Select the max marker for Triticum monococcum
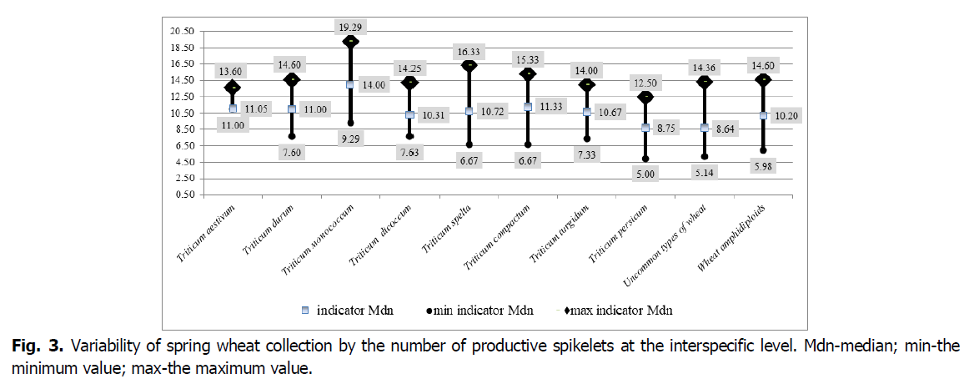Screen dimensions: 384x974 coord(351,41)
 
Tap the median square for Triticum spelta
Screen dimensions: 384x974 coord(469,111)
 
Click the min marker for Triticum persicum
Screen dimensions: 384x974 coord(645,159)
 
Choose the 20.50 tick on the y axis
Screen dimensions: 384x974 coord(182,31)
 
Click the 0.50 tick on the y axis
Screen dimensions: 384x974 coord(183,195)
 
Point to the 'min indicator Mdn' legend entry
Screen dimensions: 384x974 coord(479,311)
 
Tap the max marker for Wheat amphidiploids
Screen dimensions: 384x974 coord(763,80)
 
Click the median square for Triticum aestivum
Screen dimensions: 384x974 coord(233,109)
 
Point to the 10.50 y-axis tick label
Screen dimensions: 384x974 coord(182,113)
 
